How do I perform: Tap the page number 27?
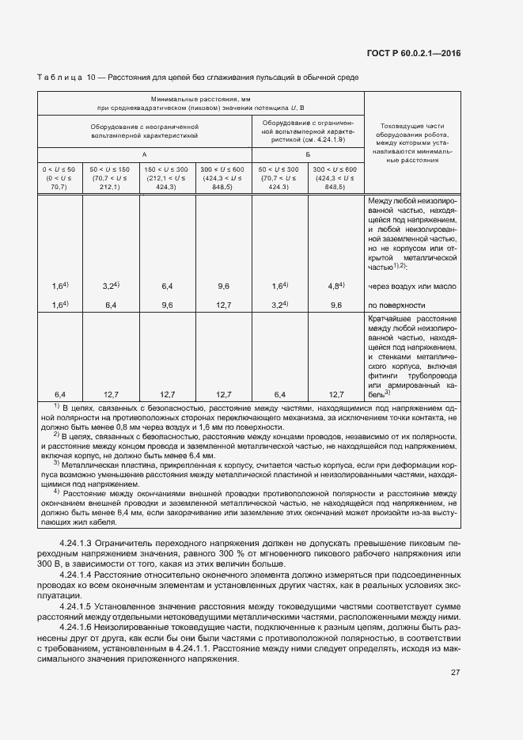[x=456, y=673]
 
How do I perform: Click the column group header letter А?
[x=143, y=155]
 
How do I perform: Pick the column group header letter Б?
[x=307, y=155]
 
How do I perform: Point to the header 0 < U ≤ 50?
[x=59, y=169]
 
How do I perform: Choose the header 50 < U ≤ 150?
[x=110, y=169]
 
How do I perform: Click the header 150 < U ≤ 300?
[x=166, y=169]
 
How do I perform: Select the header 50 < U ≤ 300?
[x=279, y=169]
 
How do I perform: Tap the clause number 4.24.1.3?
[x=78, y=544]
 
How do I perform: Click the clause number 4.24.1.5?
[x=78, y=606]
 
